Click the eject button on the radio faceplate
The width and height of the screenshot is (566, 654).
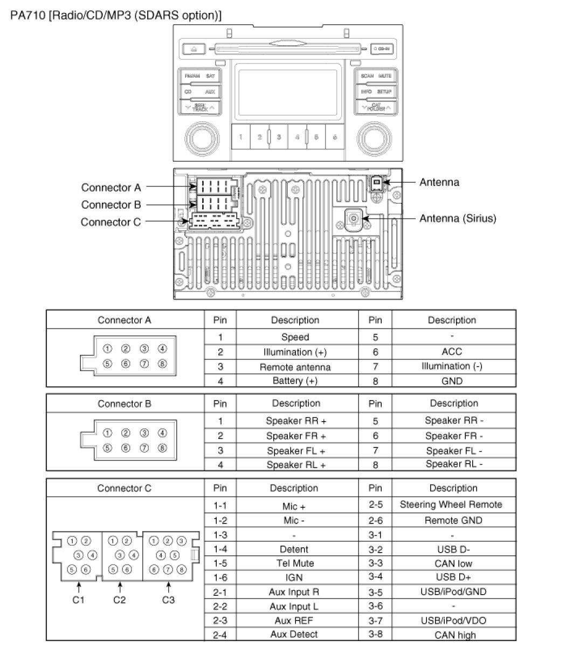195,49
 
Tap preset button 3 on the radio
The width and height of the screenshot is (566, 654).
279,137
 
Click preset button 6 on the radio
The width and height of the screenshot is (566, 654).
335,137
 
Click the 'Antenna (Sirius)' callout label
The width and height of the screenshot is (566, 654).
458,218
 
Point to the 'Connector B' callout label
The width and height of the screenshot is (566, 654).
111,205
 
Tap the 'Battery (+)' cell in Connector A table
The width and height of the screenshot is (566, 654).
295,381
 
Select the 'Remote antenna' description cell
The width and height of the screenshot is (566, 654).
295,367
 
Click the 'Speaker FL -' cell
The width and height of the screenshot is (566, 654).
454,451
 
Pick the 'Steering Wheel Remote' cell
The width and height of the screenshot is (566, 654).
451,505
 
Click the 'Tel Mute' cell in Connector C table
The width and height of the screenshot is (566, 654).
294,563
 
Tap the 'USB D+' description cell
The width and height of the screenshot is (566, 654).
453,577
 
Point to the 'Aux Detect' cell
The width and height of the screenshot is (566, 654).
294,634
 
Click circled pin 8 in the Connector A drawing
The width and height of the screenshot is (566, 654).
162,363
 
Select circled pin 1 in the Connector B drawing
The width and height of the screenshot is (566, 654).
107,432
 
